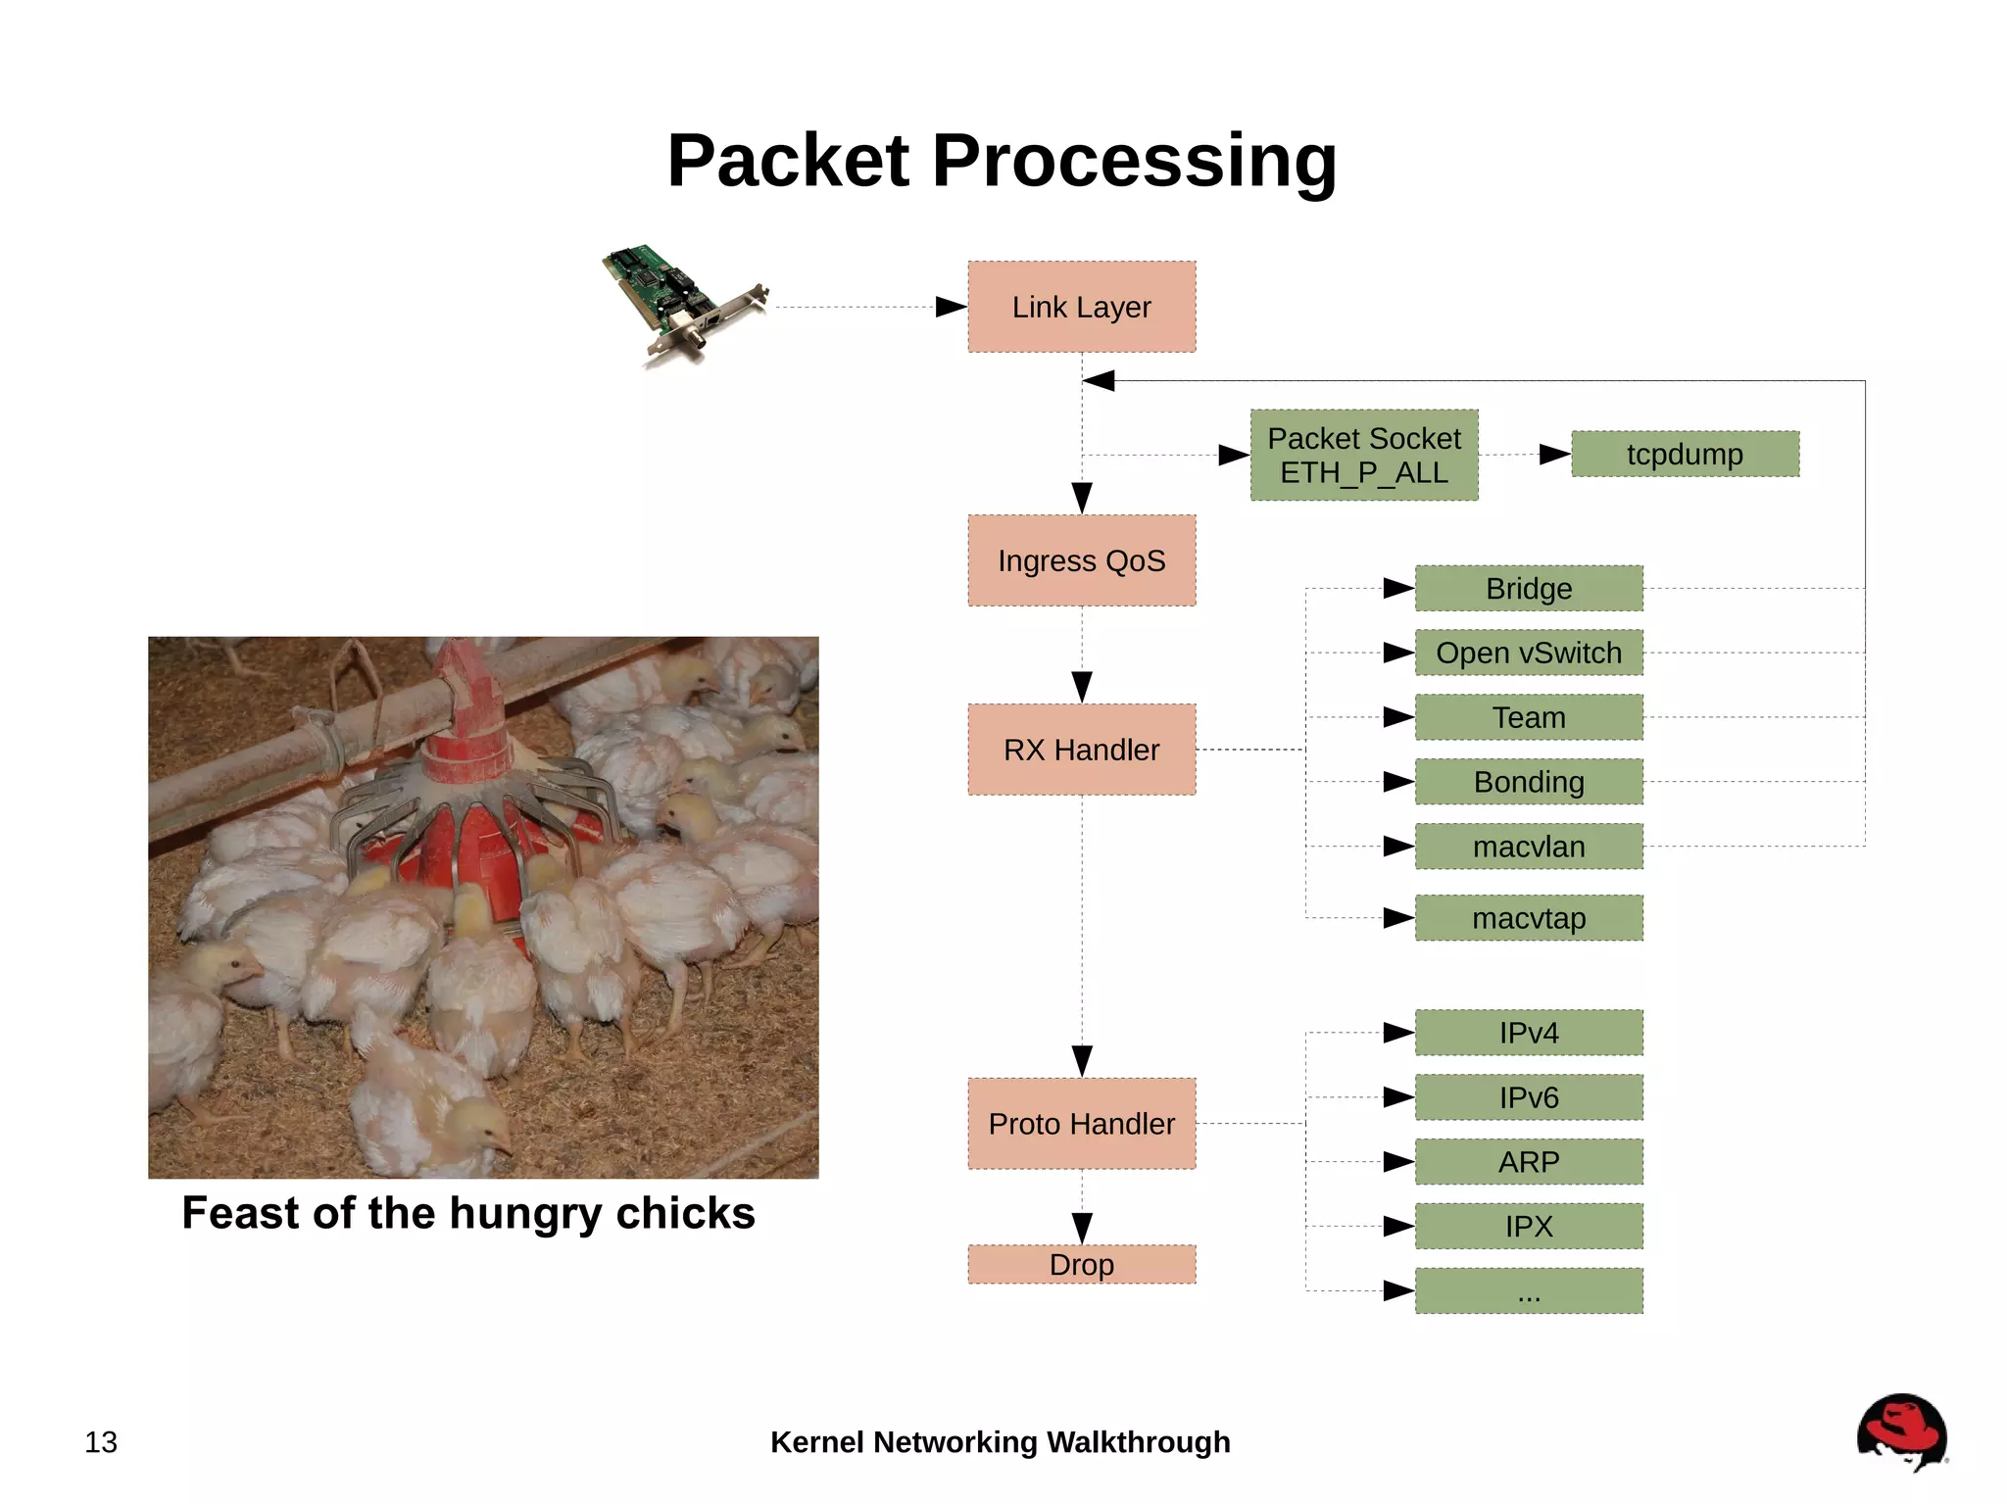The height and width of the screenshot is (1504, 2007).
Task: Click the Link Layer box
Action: click(x=1081, y=307)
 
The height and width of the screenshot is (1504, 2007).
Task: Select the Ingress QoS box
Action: click(x=1081, y=560)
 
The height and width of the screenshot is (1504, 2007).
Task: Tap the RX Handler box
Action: click(x=1081, y=750)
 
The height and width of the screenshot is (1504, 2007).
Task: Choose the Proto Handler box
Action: click(x=1081, y=1124)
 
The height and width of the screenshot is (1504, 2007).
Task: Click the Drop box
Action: click(x=1081, y=1264)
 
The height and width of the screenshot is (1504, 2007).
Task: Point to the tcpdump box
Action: click(x=1685, y=455)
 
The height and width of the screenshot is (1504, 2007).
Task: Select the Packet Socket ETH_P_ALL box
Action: click(x=1363, y=456)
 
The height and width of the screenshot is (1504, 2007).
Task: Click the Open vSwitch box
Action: click(x=1529, y=653)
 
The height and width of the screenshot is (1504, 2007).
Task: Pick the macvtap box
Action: click(x=1529, y=918)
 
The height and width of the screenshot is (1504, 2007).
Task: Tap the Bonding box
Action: click(x=1529, y=782)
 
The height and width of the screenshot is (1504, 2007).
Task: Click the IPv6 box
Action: click(x=1529, y=1097)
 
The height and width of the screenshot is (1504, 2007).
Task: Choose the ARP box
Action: click(x=1529, y=1162)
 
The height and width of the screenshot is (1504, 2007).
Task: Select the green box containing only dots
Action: click(x=1529, y=1291)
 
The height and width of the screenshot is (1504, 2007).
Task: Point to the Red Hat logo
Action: click(x=1901, y=1432)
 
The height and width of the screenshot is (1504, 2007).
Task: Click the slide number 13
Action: click(x=101, y=1442)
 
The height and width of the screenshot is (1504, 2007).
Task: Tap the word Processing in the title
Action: click(x=1134, y=162)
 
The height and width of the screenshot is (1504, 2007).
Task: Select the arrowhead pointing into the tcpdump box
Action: click(x=1555, y=455)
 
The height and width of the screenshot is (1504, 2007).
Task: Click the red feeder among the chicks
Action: click(x=470, y=803)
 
